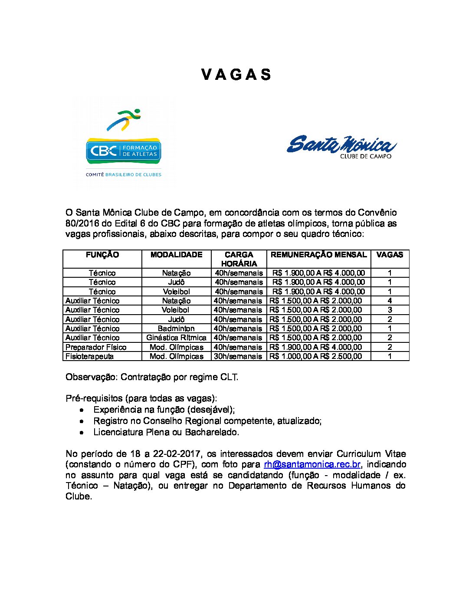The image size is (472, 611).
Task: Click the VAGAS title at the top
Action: tap(236, 75)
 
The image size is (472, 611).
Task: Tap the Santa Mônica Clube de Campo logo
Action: tap(341, 146)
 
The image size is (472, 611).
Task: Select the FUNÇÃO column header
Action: tap(102, 255)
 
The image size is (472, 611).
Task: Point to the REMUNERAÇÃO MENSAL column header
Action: tap(318, 255)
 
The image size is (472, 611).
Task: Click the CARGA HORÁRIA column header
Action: tap(239, 259)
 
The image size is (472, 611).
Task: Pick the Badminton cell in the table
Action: tap(176, 328)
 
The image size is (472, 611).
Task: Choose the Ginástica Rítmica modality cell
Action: tap(176, 338)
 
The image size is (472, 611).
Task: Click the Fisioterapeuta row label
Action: tap(90, 356)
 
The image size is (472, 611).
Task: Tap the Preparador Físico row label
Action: tap(96, 347)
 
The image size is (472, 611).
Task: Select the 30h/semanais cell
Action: tap(238, 356)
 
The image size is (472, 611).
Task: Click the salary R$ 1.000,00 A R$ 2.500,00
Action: tap(315, 356)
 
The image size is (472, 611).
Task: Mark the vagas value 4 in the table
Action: tap(390, 301)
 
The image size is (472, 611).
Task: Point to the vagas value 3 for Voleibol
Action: tap(390, 310)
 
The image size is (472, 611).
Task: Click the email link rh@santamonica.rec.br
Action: tap(312, 464)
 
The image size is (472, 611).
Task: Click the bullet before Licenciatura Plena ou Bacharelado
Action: tap(82, 433)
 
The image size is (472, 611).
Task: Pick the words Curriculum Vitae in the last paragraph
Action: tap(371, 454)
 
